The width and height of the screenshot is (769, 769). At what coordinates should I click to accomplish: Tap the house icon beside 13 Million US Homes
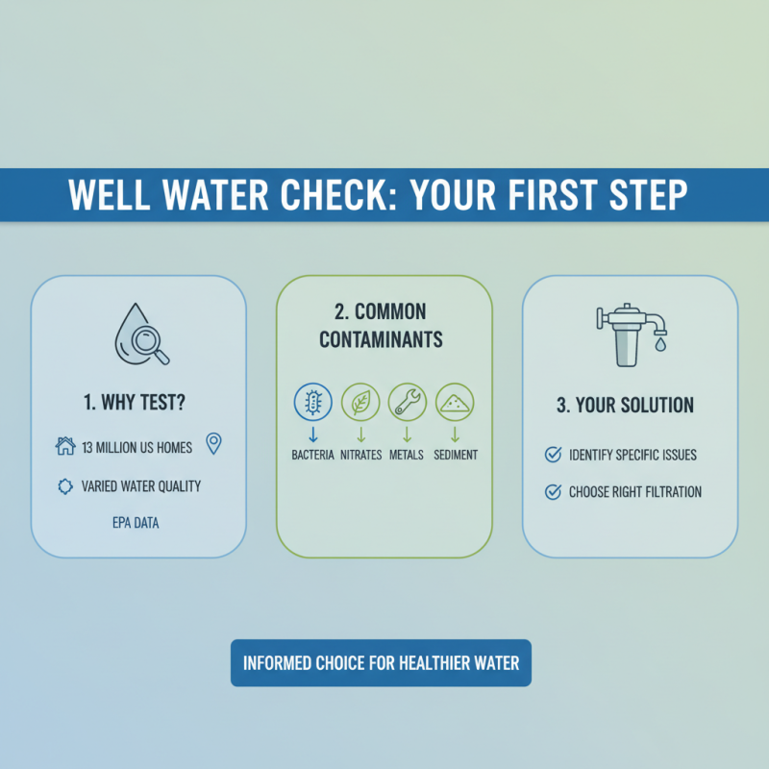(65, 445)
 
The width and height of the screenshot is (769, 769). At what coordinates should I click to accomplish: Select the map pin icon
(213, 443)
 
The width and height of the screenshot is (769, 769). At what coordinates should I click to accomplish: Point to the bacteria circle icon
(311, 402)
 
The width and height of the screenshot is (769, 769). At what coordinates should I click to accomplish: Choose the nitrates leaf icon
(360, 402)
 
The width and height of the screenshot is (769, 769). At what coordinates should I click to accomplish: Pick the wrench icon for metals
(407, 402)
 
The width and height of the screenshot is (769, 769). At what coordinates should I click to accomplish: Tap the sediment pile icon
(455, 402)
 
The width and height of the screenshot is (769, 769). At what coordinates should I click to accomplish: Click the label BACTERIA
(312, 455)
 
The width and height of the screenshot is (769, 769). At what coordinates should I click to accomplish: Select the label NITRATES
(360, 455)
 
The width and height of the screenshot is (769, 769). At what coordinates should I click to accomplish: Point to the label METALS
(407, 455)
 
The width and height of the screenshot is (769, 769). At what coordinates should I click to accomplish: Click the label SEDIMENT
(456, 455)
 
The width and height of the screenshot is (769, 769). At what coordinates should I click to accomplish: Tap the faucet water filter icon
(631, 335)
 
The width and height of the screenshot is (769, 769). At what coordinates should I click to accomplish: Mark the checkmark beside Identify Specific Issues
(553, 454)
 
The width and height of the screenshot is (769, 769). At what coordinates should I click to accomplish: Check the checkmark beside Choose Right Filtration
(553, 492)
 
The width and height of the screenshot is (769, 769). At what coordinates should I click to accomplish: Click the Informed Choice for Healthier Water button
(381, 663)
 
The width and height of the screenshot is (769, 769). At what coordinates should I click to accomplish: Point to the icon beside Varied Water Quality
(65, 486)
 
